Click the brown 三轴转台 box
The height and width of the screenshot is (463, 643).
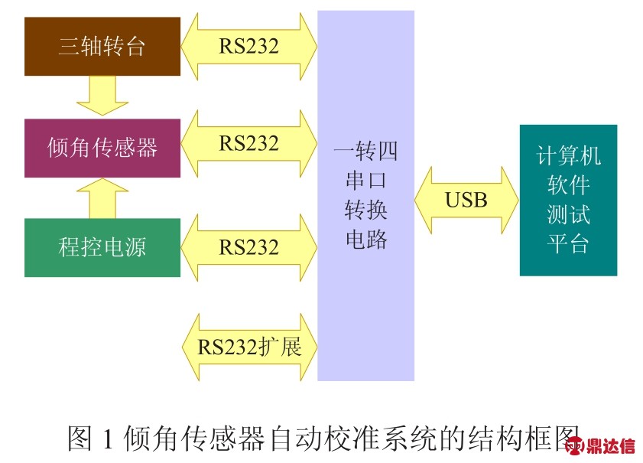coord(102,47)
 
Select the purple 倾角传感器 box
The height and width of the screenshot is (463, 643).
coord(102,147)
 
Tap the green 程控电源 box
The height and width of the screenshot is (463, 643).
coord(102,247)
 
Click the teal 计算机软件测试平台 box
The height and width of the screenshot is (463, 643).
coord(568,200)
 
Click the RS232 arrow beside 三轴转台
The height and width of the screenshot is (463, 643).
coord(249,46)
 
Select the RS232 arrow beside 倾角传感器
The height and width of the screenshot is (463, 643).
coord(249,143)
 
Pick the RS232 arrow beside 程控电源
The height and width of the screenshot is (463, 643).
coord(249,246)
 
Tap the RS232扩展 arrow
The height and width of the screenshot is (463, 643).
coord(249,347)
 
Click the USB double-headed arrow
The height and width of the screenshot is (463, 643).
coord(466,200)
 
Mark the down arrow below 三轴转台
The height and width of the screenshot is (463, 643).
coord(102,96)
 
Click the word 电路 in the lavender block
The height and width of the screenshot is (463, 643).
coord(366,240)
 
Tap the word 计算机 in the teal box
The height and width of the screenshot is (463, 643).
coord(568,156)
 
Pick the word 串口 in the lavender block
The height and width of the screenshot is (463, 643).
coord(366,181)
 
